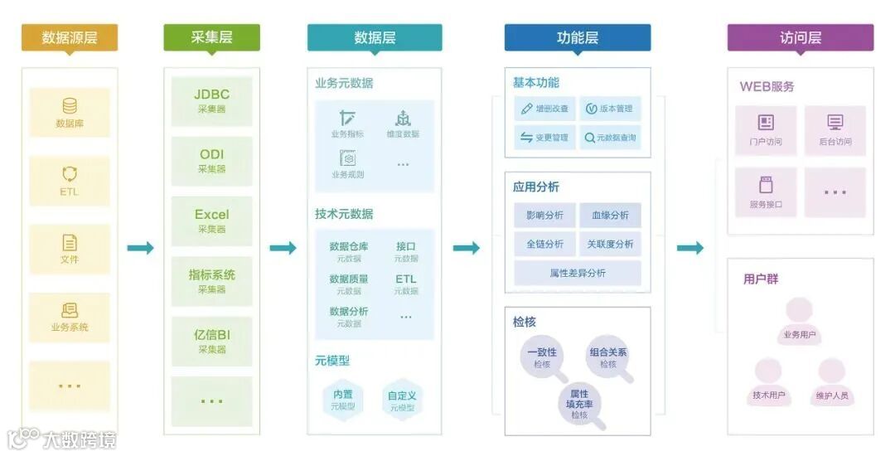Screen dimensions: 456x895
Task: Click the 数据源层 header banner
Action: (x=70, y=37)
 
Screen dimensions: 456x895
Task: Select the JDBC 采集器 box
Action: (x=211, y=100)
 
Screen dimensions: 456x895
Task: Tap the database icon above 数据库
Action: (x=70, y=106)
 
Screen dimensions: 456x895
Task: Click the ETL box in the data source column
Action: (x=70, y=181)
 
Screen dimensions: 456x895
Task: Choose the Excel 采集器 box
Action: (x=211, y=221)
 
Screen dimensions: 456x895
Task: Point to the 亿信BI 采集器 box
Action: (x=211, y=341)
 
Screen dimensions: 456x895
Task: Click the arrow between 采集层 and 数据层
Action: (x=283, y=248)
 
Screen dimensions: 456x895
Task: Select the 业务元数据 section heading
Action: (x=344, y=83)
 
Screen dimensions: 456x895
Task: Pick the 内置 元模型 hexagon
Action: (x=343, y=400)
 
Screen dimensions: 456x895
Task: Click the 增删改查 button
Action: (x=544, y=109)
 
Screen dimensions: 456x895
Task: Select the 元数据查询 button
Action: (x=610, y=138)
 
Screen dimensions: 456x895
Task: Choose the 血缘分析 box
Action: (x=610, y=216)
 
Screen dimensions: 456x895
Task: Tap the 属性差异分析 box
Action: (x=578, y=273)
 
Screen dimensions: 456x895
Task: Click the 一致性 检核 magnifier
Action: (x=541, y=357)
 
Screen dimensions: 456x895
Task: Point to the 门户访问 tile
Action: (x=766, y=130)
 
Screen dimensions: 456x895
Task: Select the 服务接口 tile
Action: (x=766, y=192)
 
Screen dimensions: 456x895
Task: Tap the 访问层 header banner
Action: (x=800, y=37)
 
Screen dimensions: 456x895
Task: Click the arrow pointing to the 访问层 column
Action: (x=689, y=248)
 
